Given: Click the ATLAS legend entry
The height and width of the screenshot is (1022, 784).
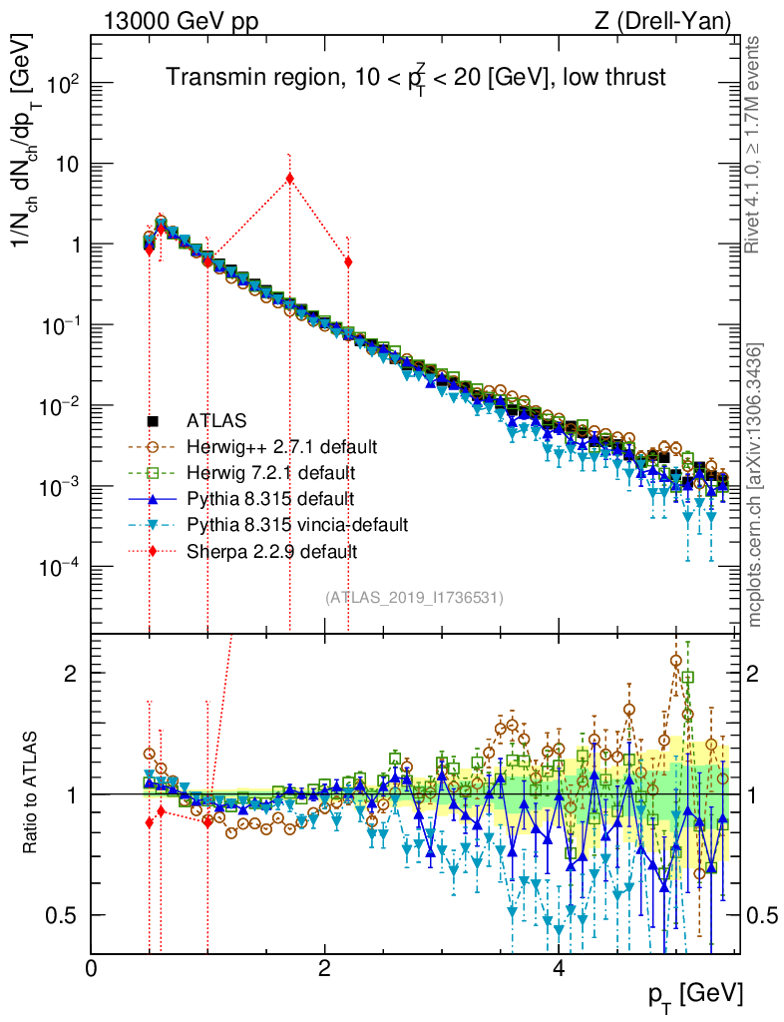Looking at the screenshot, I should tap(215, 421).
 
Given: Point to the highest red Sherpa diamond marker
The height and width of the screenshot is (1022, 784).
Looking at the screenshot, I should tap(289, 179).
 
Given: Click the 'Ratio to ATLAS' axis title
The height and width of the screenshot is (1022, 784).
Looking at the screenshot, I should tap(33, 794).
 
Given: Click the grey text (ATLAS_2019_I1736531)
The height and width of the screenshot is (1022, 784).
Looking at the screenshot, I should tap(414, 598).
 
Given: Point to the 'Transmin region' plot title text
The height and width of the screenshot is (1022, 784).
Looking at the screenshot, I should tap(415, 78).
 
